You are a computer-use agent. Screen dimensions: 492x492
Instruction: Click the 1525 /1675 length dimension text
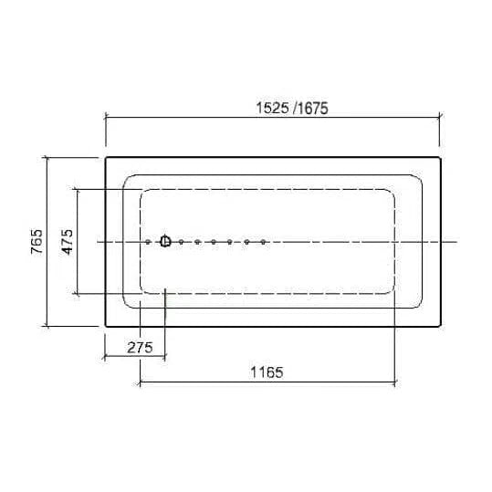pos(292,109)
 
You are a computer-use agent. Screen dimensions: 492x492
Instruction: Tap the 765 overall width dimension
pos(37,242)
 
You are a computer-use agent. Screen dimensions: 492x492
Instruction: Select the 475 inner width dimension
pos(68,242)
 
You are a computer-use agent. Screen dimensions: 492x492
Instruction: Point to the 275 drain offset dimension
pos(140,348)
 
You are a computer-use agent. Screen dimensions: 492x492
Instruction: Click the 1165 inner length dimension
pos(267,372)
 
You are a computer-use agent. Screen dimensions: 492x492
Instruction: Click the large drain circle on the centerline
pos(165,241)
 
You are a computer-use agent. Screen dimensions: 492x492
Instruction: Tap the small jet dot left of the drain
pos(148,242)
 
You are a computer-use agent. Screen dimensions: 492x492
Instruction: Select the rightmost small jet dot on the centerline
pos(263,242)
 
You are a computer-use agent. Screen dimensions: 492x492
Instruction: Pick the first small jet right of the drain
pos(181,242)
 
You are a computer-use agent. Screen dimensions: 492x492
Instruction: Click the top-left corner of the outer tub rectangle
pos(106,157)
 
